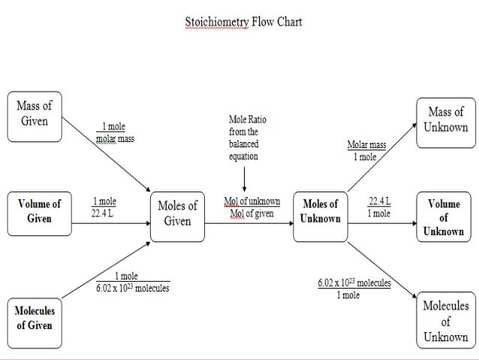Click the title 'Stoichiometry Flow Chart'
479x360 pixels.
(x=243, y=22)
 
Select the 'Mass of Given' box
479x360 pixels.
(x=35, y=115)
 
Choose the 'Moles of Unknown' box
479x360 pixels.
(x=321, y=211)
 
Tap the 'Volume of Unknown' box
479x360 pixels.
(x=444, y=217)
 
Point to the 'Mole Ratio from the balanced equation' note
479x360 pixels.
(x=247, y=138)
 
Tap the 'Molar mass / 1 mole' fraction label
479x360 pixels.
(x=366, y=151)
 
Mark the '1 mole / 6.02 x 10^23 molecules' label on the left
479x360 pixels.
(x=132, y=282)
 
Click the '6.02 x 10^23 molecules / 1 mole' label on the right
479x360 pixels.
(x=353, y=289)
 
